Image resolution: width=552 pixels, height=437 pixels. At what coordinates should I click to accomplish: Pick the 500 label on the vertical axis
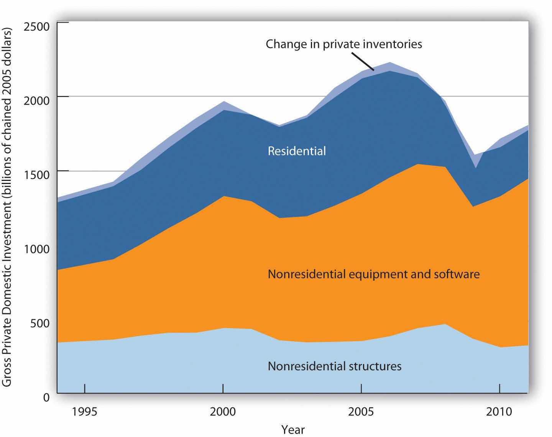(x=40, y=323)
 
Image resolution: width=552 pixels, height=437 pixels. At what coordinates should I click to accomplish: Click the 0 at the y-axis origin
(x=46, y=398)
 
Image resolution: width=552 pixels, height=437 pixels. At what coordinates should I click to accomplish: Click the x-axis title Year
(x=293, y=430)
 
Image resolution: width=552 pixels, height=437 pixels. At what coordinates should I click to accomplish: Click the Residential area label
(x=297, y=151)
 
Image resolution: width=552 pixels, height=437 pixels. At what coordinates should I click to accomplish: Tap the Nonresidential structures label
(x=334, y=366)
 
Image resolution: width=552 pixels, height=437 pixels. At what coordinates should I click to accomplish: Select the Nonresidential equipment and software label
(x=373, y=274)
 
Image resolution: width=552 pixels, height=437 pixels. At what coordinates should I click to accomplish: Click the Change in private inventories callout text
(x=344, y=44)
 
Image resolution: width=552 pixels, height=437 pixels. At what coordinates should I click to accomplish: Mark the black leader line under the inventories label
(x=363, y=61)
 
